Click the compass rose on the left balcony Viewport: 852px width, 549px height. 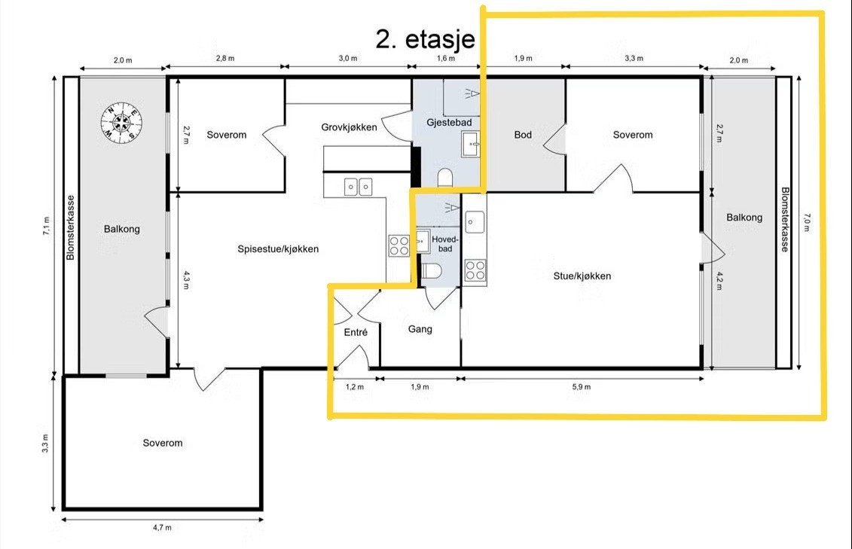point(122,122)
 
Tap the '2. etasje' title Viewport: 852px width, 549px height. point(425,39)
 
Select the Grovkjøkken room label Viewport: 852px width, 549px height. point(349,127)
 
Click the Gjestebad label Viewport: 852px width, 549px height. point(449,123)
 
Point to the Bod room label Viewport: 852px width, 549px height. point(523,135)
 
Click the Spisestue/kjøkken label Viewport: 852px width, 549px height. point(278,249)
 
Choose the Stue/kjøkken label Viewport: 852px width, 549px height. point(582,276)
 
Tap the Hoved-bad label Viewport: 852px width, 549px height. point(445,244)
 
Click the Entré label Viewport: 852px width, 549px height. point(356,332)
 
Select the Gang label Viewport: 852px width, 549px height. point(420,329)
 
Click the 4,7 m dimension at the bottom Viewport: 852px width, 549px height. point(162,527)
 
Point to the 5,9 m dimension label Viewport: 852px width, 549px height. point(581,387)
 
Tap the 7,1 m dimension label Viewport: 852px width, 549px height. point(47,225)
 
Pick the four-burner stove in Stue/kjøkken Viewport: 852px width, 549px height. point(475,270)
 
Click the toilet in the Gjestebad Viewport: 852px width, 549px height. point(445,178)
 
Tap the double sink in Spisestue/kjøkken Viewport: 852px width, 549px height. point(358,188)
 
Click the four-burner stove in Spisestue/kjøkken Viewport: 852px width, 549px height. point(399,246)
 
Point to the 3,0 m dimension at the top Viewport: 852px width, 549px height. point(348,58)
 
